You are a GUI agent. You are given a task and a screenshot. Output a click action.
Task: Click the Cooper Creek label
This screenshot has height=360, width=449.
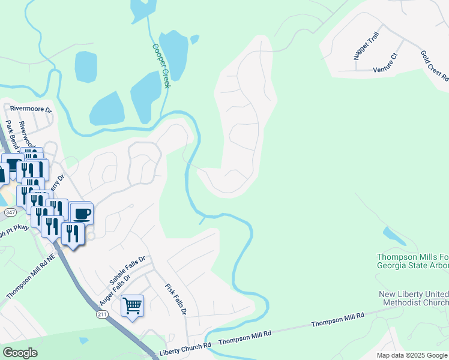coord(161,66)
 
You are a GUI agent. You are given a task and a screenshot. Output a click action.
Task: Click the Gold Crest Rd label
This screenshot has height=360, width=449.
coord(434,65)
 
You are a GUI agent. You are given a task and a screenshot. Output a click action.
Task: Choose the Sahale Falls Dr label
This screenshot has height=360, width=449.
coord(127,270)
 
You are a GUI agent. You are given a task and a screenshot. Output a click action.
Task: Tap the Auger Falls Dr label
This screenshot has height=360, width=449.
coord(122,282)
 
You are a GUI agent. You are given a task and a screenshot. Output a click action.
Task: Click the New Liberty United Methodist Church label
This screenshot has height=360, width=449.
coord(414,299)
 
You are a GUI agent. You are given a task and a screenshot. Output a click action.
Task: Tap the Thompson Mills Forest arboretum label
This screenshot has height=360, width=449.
coord(412,260)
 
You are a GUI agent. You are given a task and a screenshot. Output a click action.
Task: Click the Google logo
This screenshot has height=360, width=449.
coord(20,353)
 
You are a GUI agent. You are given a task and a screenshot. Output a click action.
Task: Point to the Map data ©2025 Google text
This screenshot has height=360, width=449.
coord(412,355)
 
